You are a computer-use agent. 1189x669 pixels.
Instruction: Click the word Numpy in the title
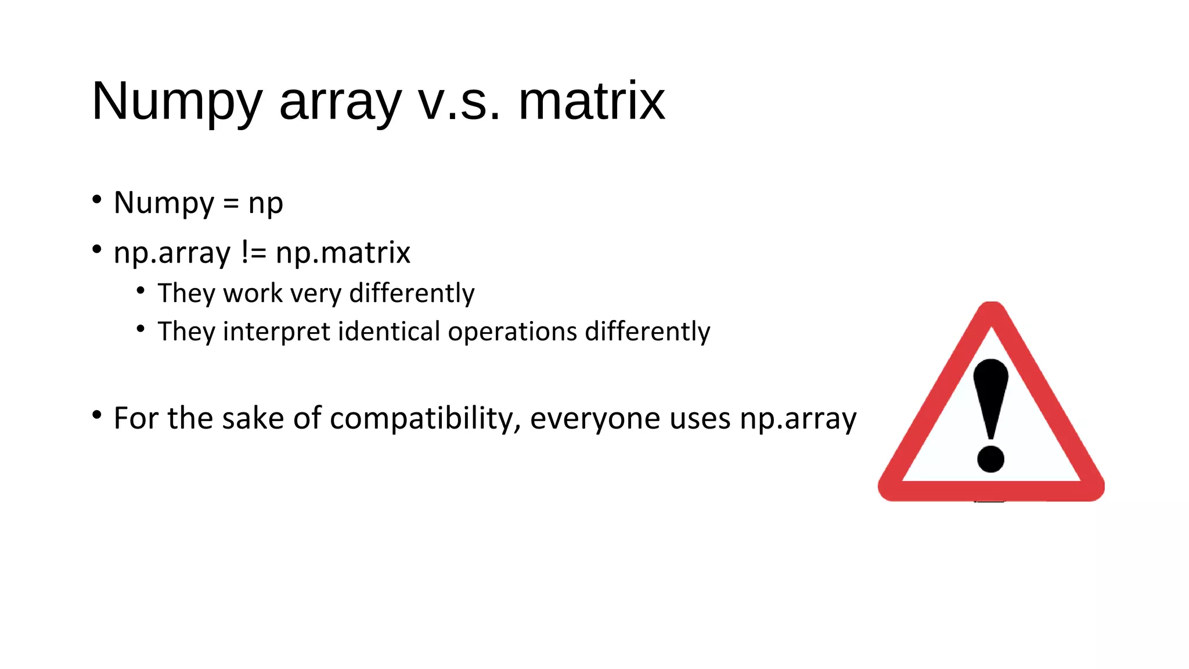pos(177,102)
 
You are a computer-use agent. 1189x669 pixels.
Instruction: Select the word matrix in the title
pos(591,102)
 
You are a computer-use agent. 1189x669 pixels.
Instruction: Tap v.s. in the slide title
pos(459,102)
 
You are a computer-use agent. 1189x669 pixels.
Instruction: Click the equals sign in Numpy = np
pos(230,203)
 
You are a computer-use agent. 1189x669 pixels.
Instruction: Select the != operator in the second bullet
pos(253,253)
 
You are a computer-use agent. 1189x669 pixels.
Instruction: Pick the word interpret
pos(276,332)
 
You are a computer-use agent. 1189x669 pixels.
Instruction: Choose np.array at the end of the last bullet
pos(798,419)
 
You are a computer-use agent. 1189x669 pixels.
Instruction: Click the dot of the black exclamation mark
pos(990,459)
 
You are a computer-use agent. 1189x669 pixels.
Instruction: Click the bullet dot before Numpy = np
pos(97,199)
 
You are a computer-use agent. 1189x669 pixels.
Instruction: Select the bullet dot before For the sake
pos(97,415)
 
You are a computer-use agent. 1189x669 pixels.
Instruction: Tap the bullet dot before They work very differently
pos(140,290)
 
